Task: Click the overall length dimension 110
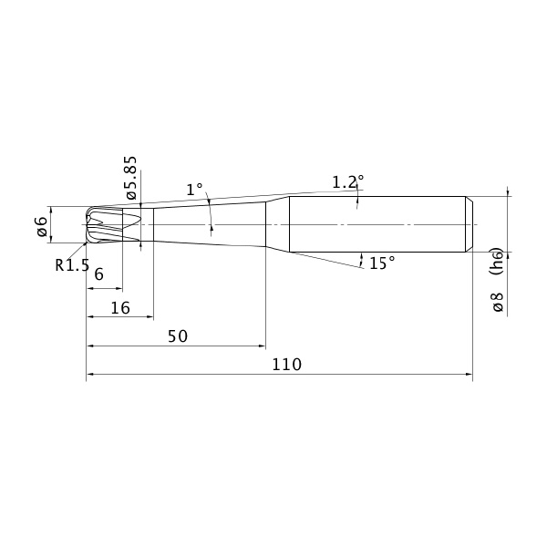click(286, 365)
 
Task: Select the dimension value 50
click(178, 336)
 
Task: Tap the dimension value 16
click(120, 308)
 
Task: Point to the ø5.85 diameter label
click(131, 178)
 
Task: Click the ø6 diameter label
click(42, 227)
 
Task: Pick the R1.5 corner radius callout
click(72, 265)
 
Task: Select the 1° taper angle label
click(194, 190)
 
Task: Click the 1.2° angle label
click(347, 182)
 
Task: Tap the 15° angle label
click(382, 263)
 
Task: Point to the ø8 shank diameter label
click(498, 302)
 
